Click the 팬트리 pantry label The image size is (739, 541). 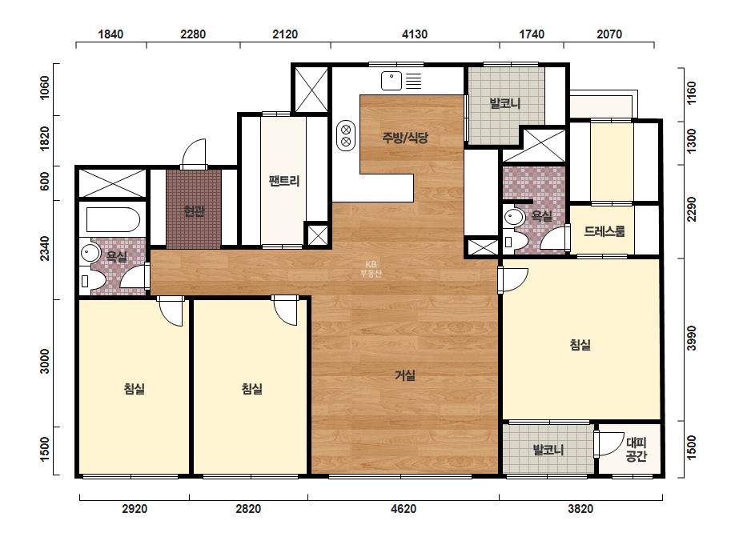[283, 181]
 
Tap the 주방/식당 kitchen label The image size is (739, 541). [405, 137]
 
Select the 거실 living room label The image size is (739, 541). [405, 375]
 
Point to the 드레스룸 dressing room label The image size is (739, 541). [604, 231]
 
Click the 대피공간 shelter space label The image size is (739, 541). [636, 449]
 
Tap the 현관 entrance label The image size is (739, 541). [194, 211]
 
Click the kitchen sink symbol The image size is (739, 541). [392, 81]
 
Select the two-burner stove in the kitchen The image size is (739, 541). [345, 136]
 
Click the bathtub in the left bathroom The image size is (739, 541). [113, 219]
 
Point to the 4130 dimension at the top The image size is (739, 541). [415, 34]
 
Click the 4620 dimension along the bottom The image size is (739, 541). [404, 509]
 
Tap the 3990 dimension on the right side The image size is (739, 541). [691, 339]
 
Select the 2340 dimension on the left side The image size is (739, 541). [44, 248]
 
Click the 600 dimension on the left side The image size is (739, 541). [44, 182]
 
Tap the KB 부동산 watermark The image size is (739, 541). [371, 269]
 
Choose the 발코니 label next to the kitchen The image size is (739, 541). [504, 103]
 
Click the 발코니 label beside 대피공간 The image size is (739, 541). [548, 450]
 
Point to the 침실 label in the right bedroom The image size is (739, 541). [580, 344]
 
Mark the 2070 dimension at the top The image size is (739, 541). [609, 34]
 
